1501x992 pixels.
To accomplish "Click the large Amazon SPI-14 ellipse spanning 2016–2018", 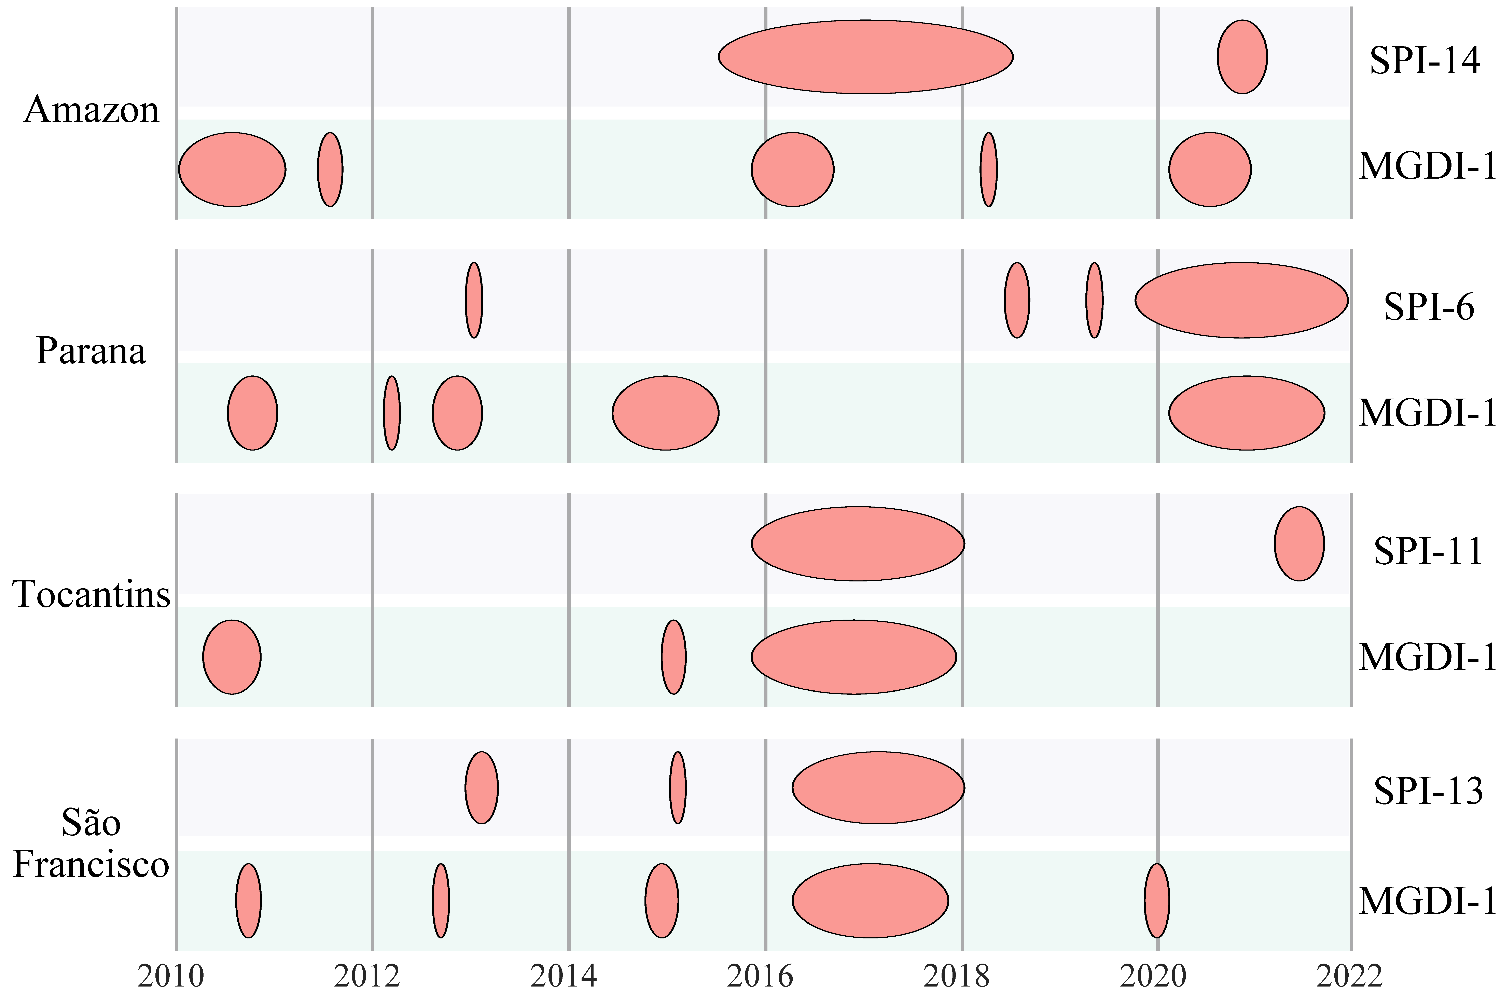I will point(865,57).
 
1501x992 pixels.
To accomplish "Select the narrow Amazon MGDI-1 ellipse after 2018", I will point(989,169).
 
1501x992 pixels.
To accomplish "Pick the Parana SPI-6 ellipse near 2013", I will point(474,301).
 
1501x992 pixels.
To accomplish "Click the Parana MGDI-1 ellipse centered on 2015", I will point(665,413).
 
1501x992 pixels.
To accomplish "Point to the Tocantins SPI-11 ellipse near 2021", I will point(1299,543).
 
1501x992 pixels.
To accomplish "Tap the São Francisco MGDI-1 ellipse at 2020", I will point(1157,900).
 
